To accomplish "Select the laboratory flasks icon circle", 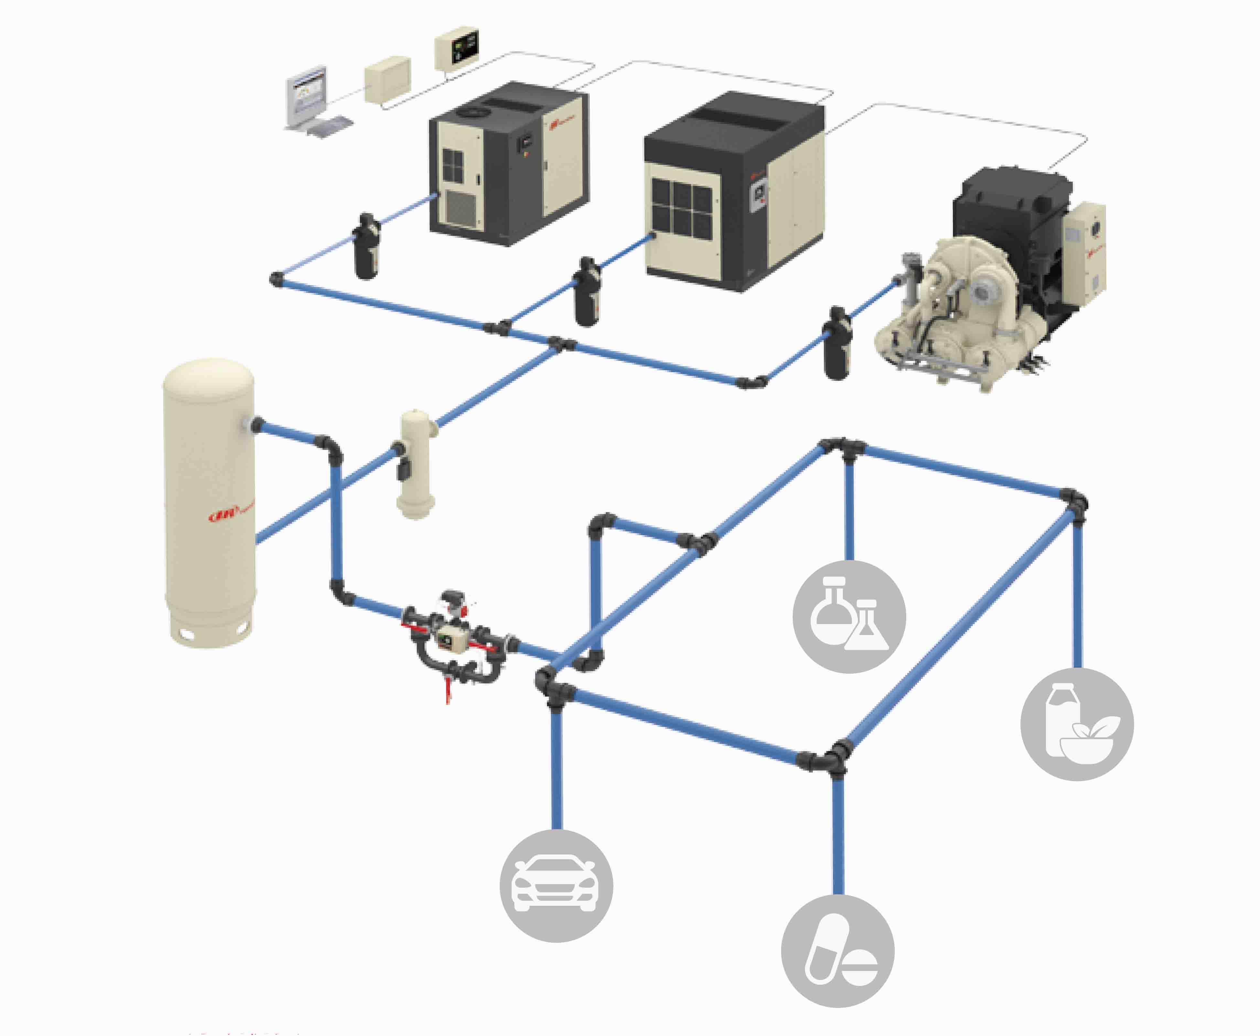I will pyautogui.click(x=849, y=617).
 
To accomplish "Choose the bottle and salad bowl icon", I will pyautogui.click(x=1077, y=724).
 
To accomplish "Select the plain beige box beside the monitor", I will pyautogui.click(x=388, y=79).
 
